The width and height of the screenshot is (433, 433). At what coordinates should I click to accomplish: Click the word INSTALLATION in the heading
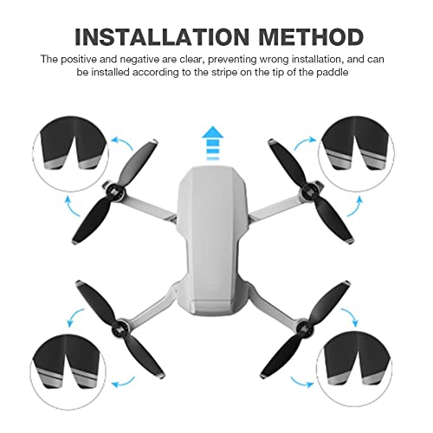[x=162, y=37]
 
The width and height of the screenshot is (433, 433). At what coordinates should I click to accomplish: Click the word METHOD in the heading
[x=311, y=37]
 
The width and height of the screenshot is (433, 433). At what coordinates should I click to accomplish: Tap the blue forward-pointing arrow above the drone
[x=213, y=143]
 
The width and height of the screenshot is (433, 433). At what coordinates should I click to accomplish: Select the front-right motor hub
[x=309, y=191]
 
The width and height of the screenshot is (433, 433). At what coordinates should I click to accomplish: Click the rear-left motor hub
[x=120, y=328]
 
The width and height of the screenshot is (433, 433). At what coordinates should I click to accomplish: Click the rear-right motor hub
[x=303, y=327]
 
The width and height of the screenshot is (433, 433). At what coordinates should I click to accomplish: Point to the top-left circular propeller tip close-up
[x=71, y=153]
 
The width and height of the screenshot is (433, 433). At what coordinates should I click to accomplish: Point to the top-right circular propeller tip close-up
[x=356, y=153]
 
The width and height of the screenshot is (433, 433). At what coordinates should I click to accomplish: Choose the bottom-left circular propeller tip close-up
[x=68, y=372]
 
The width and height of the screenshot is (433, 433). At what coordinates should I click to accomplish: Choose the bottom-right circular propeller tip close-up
[x=353, y=372]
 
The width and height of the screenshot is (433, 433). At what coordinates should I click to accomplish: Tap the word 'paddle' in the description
[x=332, y=72]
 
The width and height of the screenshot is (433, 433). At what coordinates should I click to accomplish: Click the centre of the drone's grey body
[x=213, y=241]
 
